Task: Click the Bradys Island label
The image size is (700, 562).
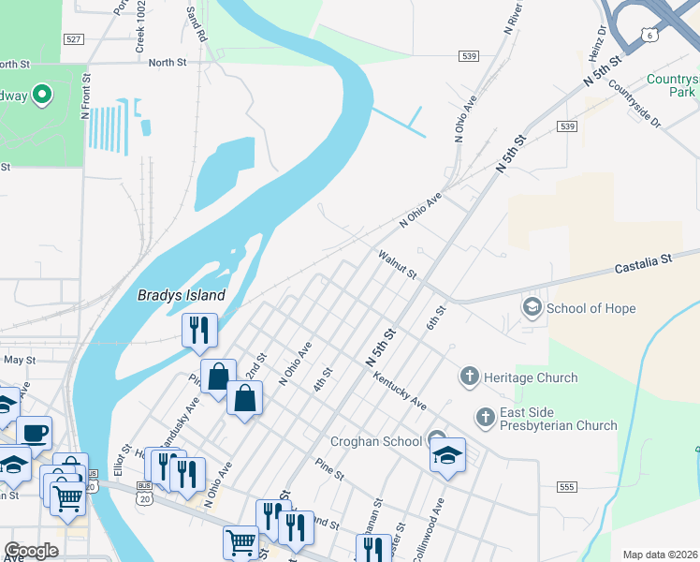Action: click(182, 295)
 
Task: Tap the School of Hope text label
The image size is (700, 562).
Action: click(591, 308)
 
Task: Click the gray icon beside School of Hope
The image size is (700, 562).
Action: click(532, 307)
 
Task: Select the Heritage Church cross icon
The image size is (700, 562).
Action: click(470, 377)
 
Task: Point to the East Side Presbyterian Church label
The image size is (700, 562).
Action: click(559, 419)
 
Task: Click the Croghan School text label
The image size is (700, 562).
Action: click(375, 441)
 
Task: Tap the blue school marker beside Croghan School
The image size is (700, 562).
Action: click(448, 456)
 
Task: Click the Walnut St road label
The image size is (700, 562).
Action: click(397, 263)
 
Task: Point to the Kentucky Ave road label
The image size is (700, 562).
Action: click(400, 392)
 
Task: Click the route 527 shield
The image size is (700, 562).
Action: click(75, 38)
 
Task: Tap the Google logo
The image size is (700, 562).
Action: click(32, 551)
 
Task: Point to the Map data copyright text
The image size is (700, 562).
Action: click(661, 555)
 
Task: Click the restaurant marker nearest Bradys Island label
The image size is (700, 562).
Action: click(199, 331)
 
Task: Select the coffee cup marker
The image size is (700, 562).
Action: click(35, 434)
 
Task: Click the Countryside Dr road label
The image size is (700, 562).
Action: click(634, 105)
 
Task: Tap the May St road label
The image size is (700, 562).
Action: click(19, 359)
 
